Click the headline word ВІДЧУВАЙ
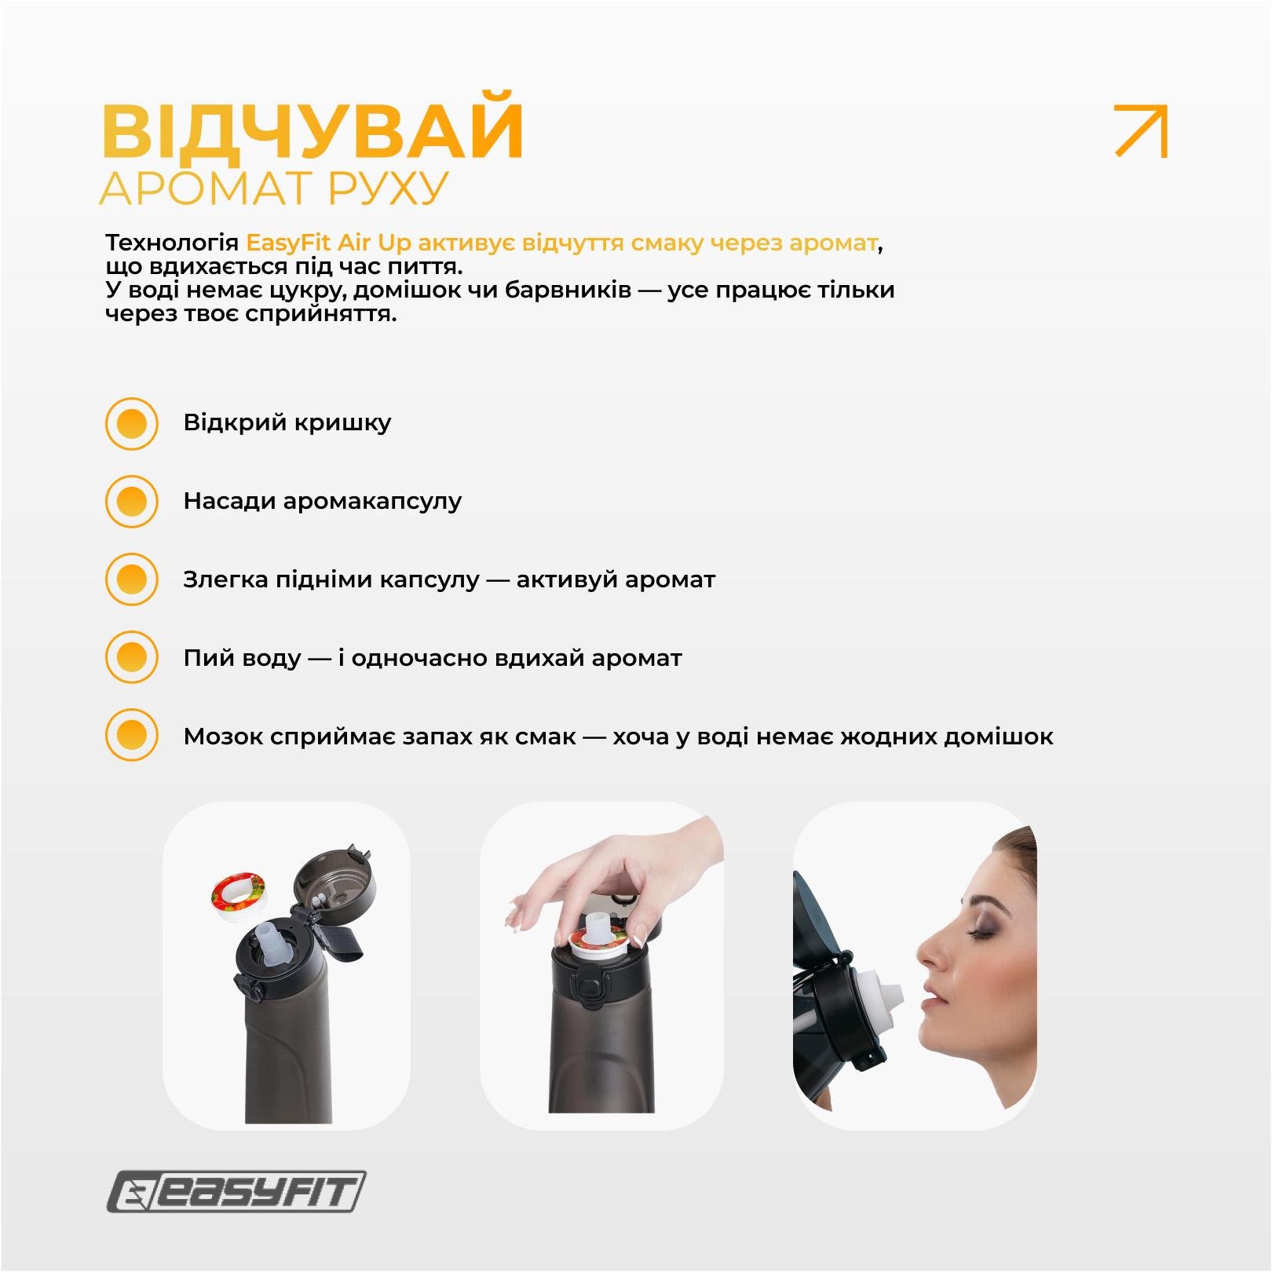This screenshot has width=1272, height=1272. point(312,130)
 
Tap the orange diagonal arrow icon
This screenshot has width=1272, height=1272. point(1141,131)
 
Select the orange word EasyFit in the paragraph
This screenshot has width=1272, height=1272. point(288,243)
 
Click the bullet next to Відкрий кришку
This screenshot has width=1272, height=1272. point(132,424)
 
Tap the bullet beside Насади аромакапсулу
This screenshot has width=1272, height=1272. point(132,502)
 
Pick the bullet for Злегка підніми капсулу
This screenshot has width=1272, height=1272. point(132,579)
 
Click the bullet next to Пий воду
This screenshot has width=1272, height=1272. point(132,657)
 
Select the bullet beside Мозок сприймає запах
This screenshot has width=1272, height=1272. point(132,736)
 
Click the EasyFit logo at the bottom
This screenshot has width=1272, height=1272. point(236,1191)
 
